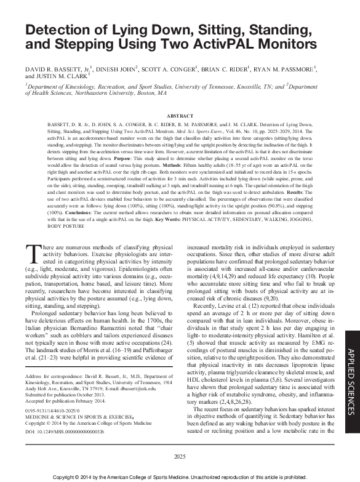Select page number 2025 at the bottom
(180, 456)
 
